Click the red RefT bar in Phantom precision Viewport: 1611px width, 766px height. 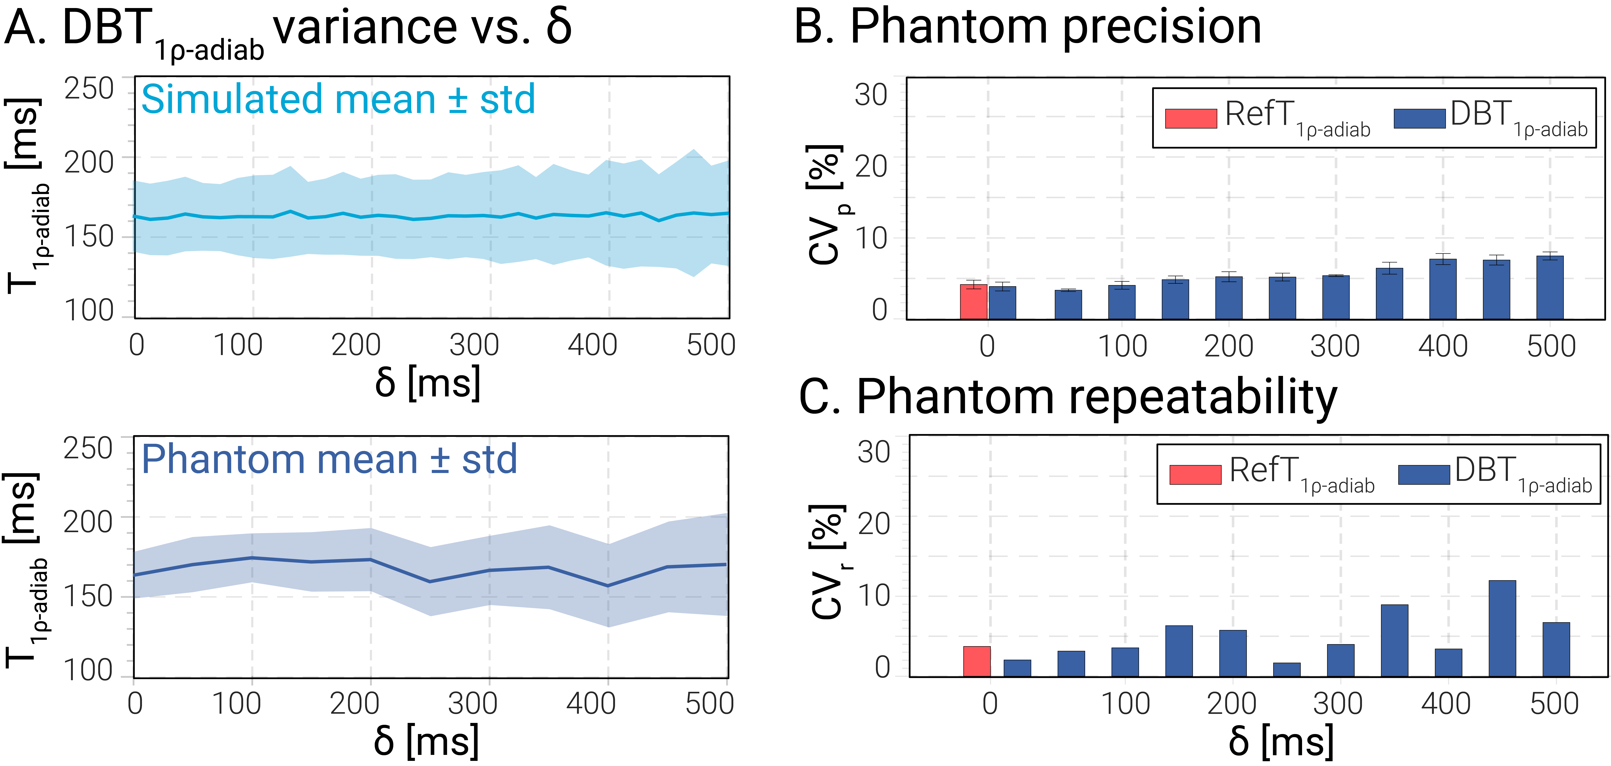click(x=974, y=302)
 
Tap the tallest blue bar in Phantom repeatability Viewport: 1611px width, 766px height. click(x=1502, y=628)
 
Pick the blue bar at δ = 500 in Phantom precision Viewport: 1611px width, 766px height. click(x=1550, y=288)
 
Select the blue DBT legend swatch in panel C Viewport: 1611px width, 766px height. click(x=1424, y=475)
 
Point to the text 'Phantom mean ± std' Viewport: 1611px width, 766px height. click(x=329, y=460)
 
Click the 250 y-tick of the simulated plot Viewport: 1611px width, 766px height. click(x=89, y=89)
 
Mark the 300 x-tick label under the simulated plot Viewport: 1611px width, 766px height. click(x=474, y=345)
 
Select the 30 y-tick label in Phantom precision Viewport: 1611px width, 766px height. click(x=871, y=95)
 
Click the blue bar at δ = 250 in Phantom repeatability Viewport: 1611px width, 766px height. click(x=1286, y=670)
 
